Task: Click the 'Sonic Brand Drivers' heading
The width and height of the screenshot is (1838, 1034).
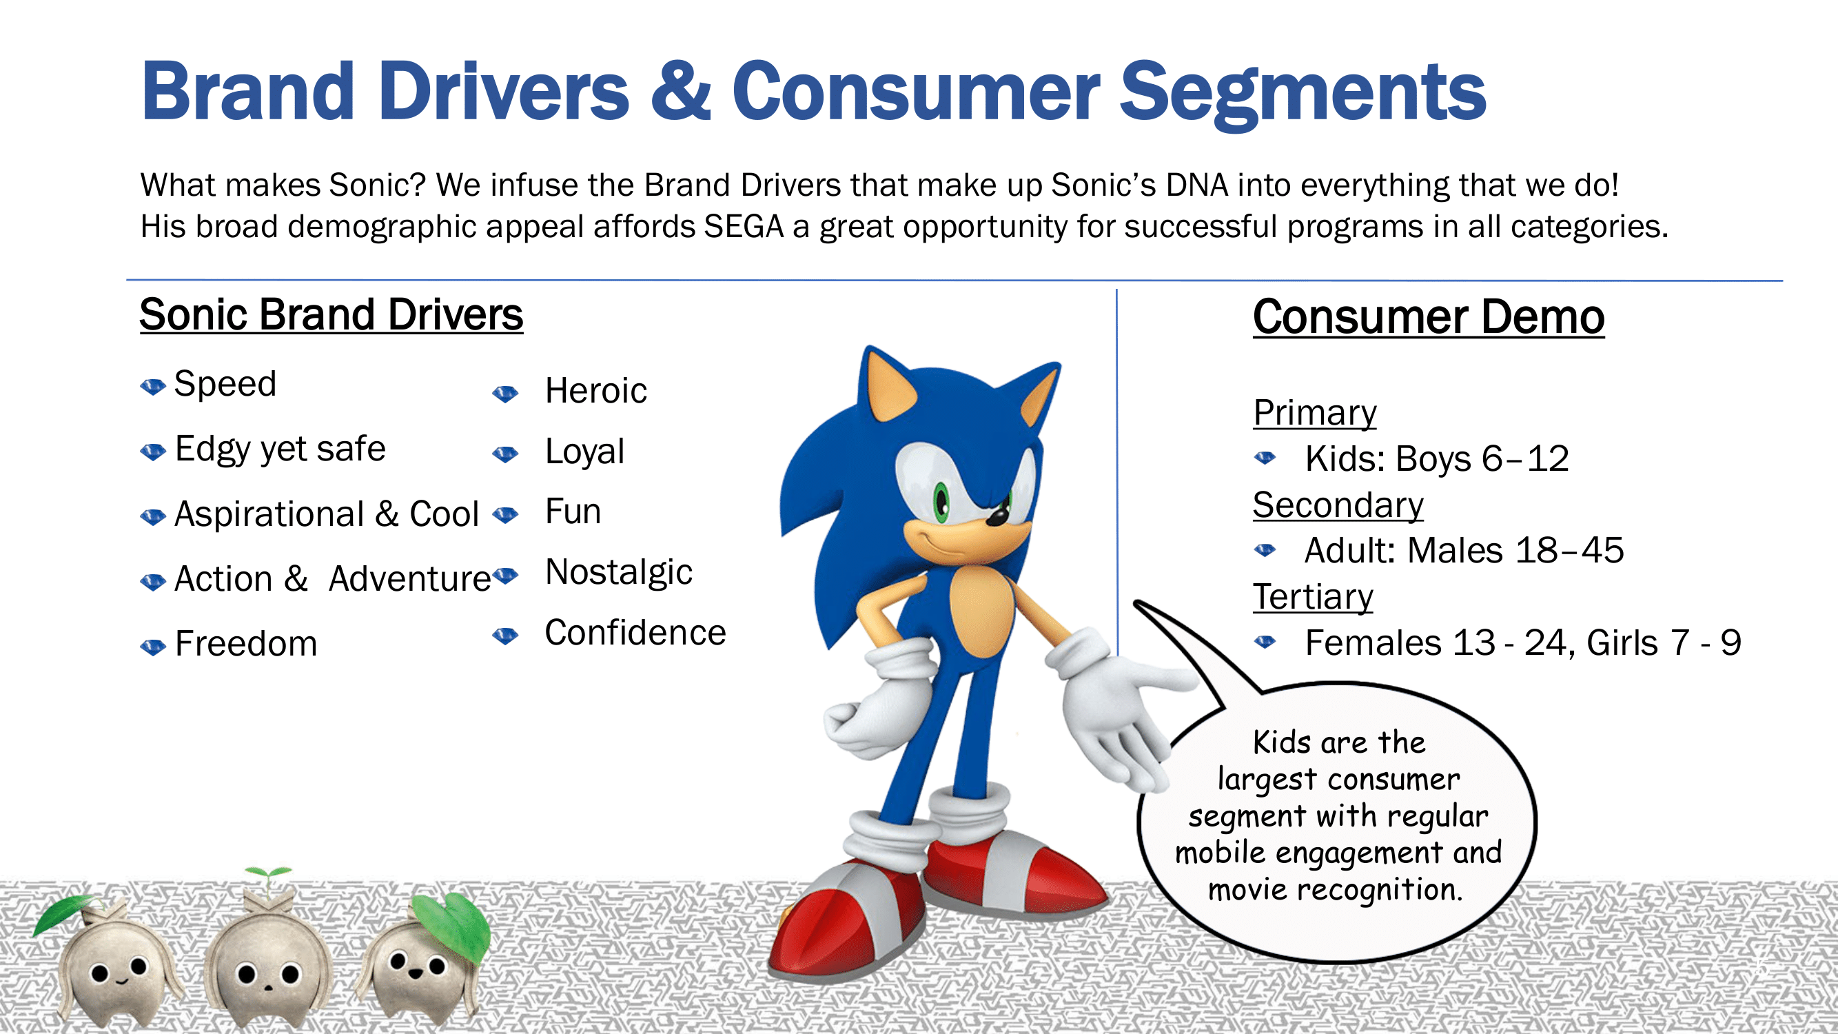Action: pos(331,315)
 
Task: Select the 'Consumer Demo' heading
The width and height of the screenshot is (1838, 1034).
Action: pos(1429,317)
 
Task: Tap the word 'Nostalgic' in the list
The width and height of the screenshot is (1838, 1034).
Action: pos(619,572)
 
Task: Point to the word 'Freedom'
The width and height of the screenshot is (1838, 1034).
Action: pos(246,644)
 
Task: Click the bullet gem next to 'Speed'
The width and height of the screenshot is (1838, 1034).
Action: pos(153,387)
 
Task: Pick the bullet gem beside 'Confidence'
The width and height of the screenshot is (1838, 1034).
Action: pos(505,635)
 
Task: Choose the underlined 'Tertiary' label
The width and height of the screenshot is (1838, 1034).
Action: pos(1313,596)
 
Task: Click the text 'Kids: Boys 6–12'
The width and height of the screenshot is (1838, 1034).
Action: pos(1437,458)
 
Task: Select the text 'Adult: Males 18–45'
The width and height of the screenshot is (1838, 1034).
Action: pos(1464,550)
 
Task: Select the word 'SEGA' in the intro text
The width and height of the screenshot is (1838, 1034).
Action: pos(744,227)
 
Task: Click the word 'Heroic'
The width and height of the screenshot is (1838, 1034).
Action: pos(595,391)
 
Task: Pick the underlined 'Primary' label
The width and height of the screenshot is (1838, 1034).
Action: pos(1315,412)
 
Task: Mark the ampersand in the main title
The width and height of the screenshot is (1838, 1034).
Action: pos(681,92)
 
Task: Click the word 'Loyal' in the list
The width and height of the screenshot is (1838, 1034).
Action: pos(584,452)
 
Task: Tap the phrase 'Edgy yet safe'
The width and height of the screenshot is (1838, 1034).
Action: pos(280,449)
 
